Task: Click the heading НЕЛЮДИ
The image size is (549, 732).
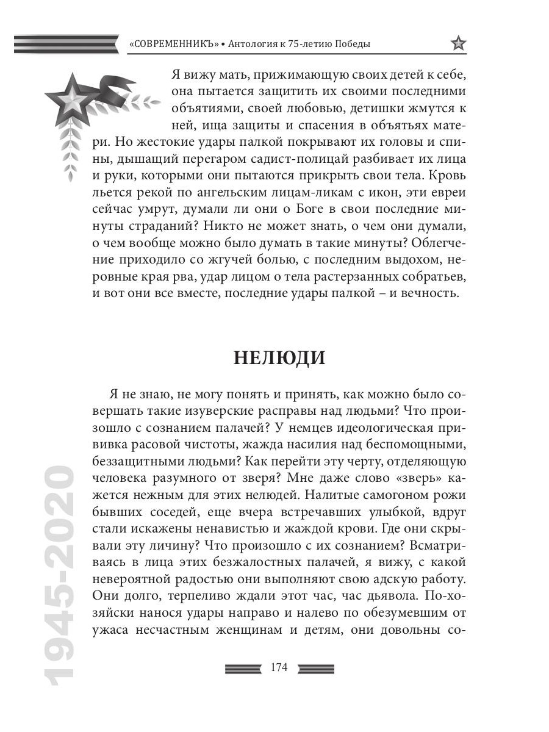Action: [x=279, y=358]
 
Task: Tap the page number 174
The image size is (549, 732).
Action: [x=278, y=667]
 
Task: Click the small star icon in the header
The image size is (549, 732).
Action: [x=458, y=44]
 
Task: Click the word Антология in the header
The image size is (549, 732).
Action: [x=253, y=45]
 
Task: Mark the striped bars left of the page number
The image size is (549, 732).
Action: [x=243, y=668]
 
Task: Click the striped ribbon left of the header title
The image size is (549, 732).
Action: [x=65, y=45]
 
